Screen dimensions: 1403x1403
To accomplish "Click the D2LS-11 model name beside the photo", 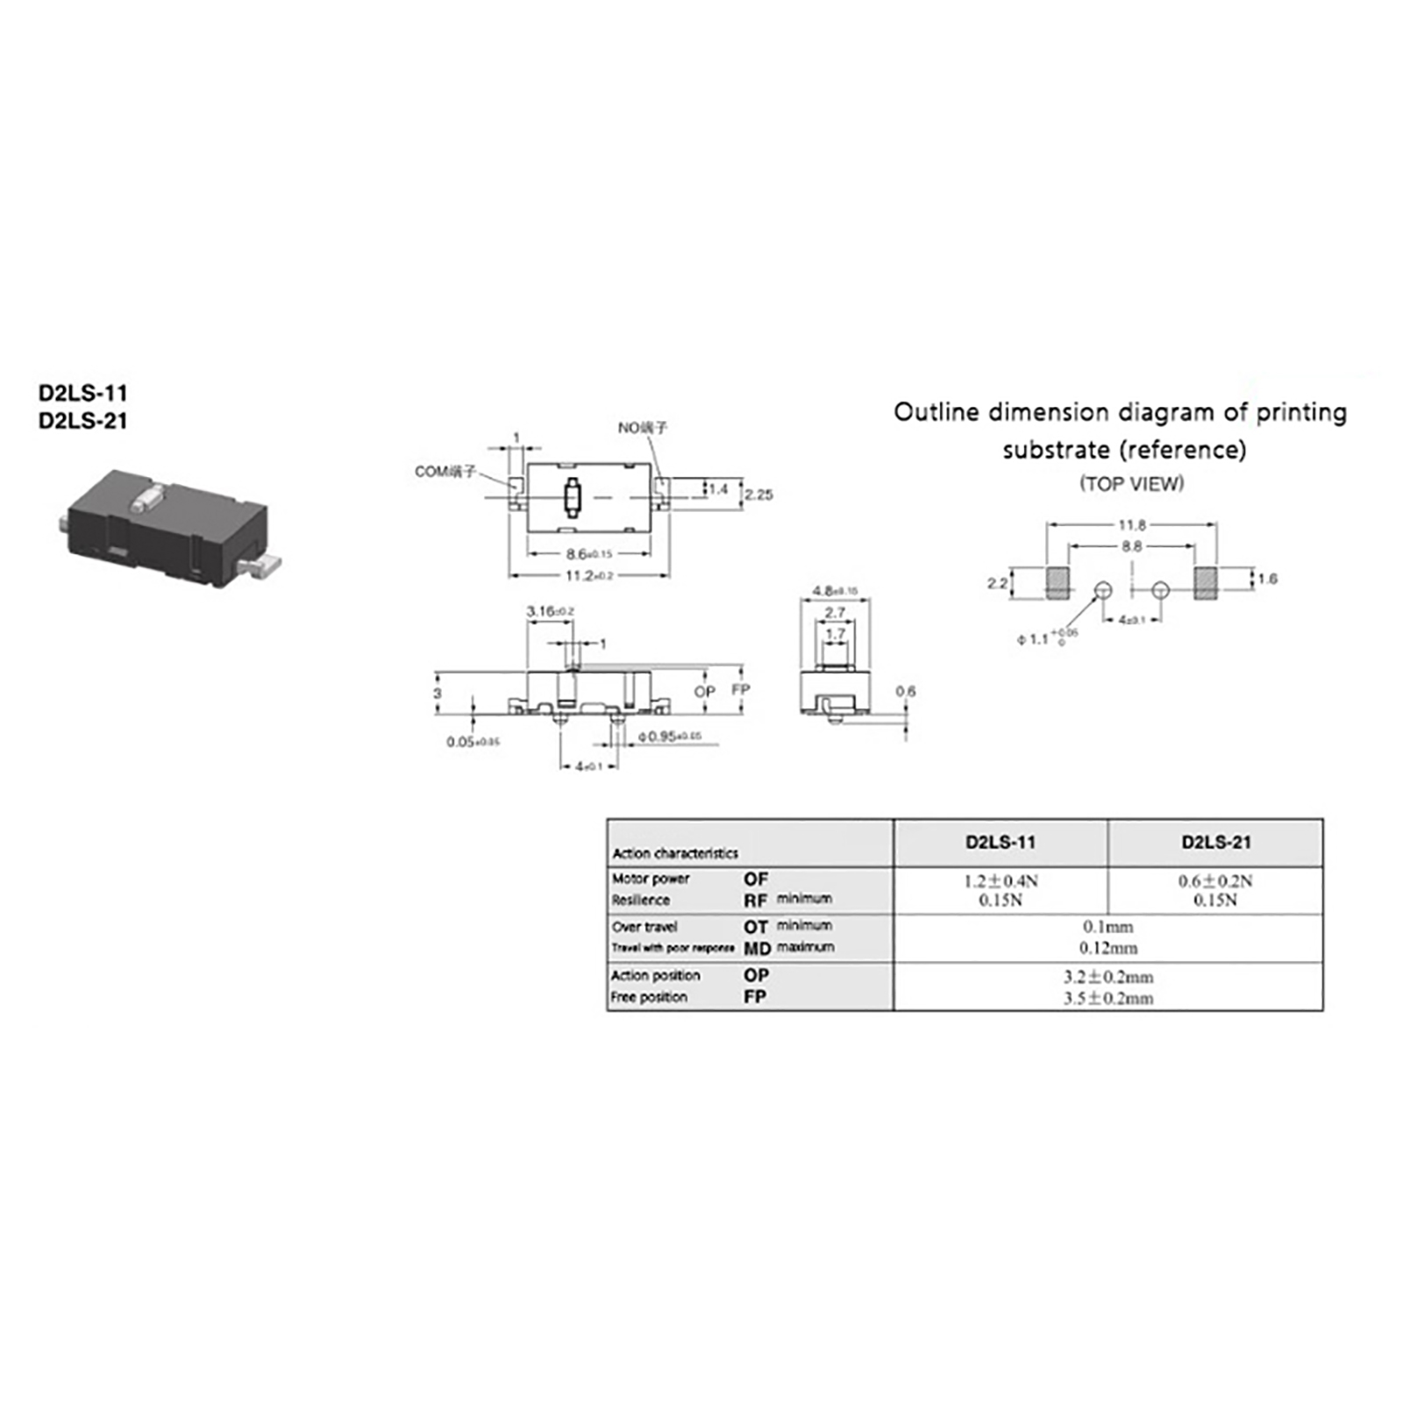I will click(82, 393).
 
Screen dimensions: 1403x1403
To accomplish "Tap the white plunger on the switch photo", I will click(145, 501).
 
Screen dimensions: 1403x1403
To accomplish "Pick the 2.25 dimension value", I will click(758, 495).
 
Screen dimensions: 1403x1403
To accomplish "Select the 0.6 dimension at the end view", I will click(905, 691).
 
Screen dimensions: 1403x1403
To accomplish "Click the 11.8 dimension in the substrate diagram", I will click(1131, 524).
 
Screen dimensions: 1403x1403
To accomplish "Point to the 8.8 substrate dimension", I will click(1131, 545).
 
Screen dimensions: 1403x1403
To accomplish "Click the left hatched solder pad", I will click(1058, 582).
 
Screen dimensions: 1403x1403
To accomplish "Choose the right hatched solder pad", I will click(1205, 582).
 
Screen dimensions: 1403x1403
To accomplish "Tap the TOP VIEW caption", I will click(1131, 483).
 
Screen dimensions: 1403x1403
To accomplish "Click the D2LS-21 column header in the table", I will click(1215, 843).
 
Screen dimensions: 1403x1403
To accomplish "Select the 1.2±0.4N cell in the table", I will click(1001, 880).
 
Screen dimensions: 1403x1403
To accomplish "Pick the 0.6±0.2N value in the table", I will click(1215, 880).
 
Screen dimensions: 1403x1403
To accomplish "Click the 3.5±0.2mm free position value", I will click(1108, 998).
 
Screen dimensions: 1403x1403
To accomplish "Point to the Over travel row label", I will click(645, 927).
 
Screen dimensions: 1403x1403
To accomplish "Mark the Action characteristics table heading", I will click(675, 853).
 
